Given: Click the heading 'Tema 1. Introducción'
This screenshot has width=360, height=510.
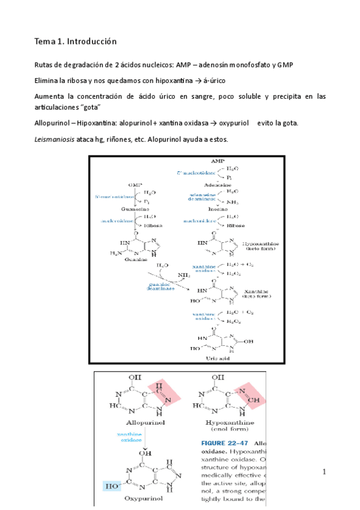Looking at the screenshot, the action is tap(75, 41).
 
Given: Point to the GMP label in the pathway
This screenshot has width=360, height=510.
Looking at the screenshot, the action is tap(135, 186).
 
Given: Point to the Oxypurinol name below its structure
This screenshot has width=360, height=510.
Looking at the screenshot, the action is tap(142, 498).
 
